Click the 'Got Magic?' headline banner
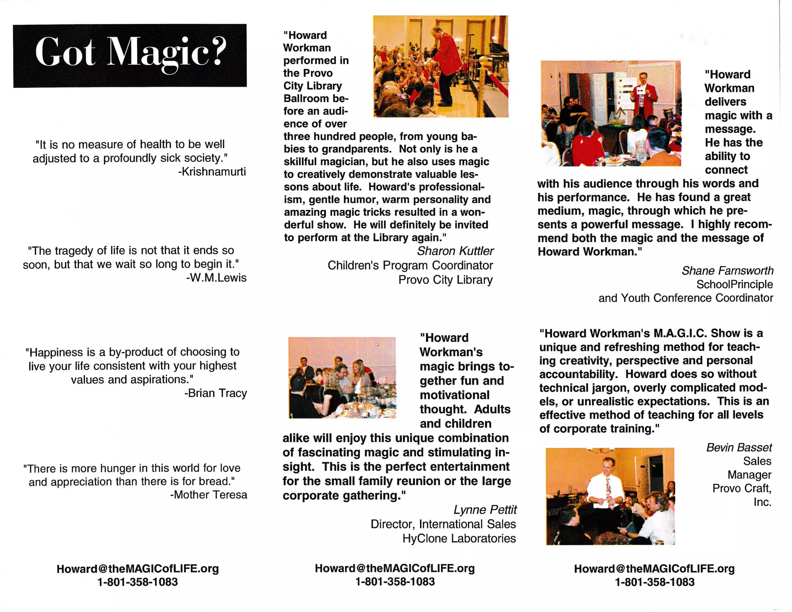130,56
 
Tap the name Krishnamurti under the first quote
212,172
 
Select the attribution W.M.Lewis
216,278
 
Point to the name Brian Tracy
215,393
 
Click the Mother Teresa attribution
208,495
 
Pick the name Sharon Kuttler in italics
455,251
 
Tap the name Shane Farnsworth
727,270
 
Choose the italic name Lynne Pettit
485,510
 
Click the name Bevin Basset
739,448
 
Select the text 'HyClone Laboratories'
459,538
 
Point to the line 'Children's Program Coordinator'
410,265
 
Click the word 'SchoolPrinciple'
734,284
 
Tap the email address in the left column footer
138,569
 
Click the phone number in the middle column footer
395,582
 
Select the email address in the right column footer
654,569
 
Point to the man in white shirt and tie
605,489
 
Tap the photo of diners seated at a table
342,378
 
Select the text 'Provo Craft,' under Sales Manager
742,488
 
